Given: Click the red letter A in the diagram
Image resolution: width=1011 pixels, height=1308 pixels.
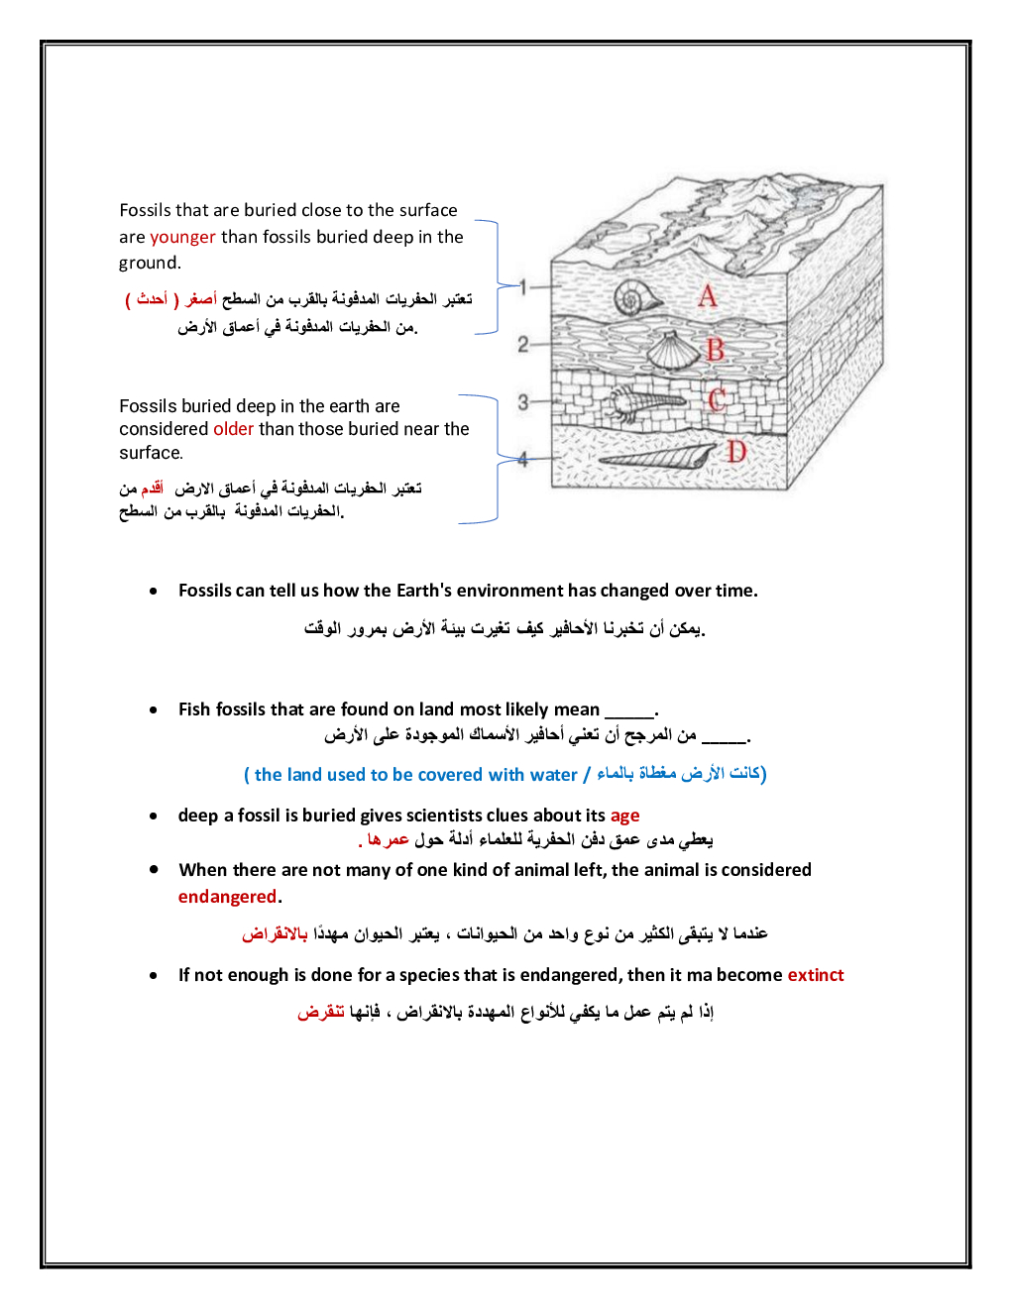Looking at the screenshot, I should pyautogui.click(x=707, y=295).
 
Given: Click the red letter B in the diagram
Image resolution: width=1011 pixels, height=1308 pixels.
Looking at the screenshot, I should pyautogui.click(x=715, y=349).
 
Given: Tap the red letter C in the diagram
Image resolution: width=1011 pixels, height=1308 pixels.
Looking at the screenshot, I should pyautogui.click(x=717, y=399).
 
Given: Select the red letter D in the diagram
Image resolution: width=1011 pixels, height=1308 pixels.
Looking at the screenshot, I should pyautogui.click(x=734, y=452).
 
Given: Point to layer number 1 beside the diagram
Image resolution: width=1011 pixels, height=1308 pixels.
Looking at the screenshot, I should pyautogui.click(x=522, y=286).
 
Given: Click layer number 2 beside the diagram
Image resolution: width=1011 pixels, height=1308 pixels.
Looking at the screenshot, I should pyautogui.click(x=522, y=344).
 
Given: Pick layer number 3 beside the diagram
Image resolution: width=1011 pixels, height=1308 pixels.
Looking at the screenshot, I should pyautogui.click(x=522, y=401).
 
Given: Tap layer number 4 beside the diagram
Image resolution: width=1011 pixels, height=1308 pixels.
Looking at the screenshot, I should pyautogui.click(x=522, y=458).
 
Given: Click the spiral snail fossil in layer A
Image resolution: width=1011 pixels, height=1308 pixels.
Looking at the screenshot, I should pyautogui.click(x=638, y=297).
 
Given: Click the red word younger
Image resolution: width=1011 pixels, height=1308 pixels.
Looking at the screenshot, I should pyautogui.click(x=182, y=237).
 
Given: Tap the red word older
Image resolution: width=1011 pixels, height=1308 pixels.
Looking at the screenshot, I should pyautogui.click(x=233, y=429).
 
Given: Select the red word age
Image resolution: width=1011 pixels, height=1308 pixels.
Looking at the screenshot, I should pyautogui.click(x=624, y=816).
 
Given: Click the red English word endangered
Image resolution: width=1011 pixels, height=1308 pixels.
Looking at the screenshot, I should pyautogui.click(x=227, y=897).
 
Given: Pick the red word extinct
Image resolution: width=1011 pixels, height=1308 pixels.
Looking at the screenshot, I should pyautogui.click(x=815, y=975).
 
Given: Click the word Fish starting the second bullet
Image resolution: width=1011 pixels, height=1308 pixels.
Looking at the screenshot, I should pyautogui.click(x=194, y=709).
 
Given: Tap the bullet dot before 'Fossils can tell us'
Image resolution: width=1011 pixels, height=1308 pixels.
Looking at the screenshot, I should pyautogui.click(x=154, y=592).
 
